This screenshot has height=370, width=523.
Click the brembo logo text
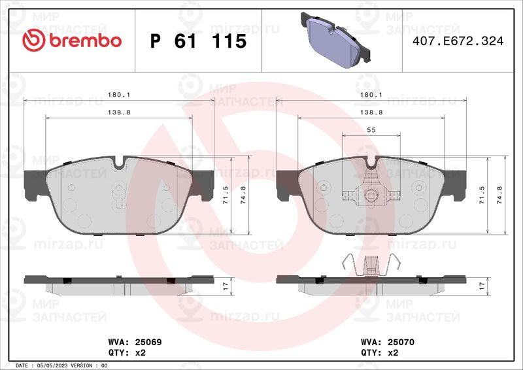[x=86, y=41]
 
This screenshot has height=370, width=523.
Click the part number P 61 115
[x=199, y=41]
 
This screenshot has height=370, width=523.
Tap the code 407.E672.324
[x=458, y=41]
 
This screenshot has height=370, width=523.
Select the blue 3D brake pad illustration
[x=335, y=40]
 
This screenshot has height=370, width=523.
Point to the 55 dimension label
[x=371, y=130]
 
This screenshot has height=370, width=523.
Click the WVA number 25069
[x=148, y=342]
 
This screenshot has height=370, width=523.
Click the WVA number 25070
[x=401, y=342]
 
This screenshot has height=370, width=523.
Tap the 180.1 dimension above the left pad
[x=119, y=95]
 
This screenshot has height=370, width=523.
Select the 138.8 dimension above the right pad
[x=371, y=112]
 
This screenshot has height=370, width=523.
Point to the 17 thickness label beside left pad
[x=226, y=286]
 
